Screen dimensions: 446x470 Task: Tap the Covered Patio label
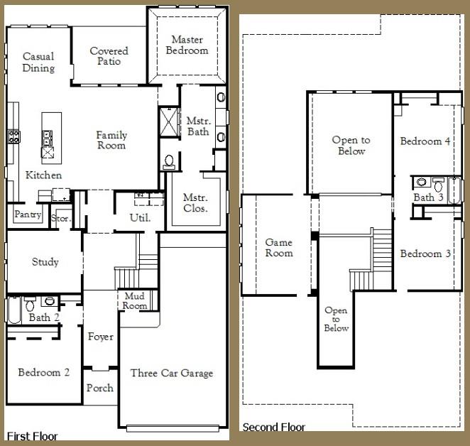coord(109,56)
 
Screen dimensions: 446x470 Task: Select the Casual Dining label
coord(38,62)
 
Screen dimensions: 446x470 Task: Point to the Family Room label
coord(111,140)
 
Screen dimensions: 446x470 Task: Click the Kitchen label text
coord(43,175)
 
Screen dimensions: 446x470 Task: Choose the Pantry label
coord(28,215)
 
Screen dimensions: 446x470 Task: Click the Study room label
coord(45,262)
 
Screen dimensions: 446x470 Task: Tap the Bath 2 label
coord(40,317)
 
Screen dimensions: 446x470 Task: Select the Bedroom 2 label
coord(43,372)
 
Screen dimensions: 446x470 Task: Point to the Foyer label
coord(100,337)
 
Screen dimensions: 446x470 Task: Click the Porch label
coord(100,388)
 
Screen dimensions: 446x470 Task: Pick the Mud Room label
coord(135,301)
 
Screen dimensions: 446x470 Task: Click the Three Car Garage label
coord(171,373)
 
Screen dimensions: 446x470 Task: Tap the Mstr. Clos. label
coord(195,203)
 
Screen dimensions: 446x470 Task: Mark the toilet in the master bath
coord(169,163)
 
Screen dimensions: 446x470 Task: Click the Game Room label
coord(278,248)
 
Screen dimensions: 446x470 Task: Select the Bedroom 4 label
coord(425,141)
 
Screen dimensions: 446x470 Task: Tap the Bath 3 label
coord(428,197)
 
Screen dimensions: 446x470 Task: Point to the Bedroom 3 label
coord(425,254)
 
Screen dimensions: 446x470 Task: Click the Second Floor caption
coord(274,428)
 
